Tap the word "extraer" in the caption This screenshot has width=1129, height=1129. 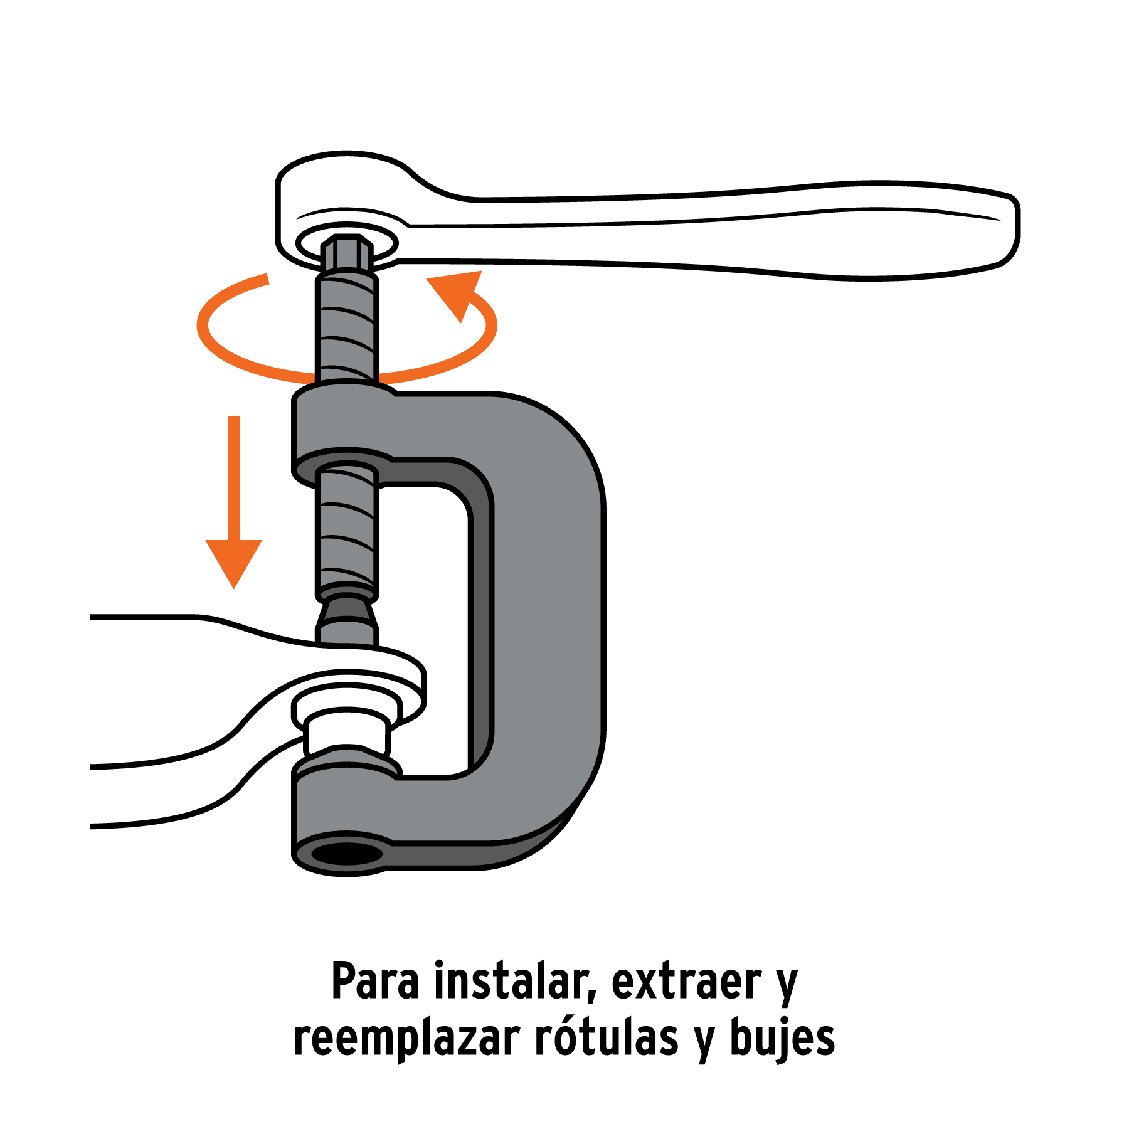pyautogui.click(x=686, y=982)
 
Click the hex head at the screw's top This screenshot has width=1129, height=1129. pyautogui.click(x=347, y=252)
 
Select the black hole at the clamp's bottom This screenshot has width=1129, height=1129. pyautogui.click(x=347, y=854)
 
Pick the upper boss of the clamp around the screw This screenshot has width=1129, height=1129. pyautogui.click(x=344, y=433)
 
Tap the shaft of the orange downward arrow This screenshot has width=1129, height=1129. pyautogui.click(x=234, y=478)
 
